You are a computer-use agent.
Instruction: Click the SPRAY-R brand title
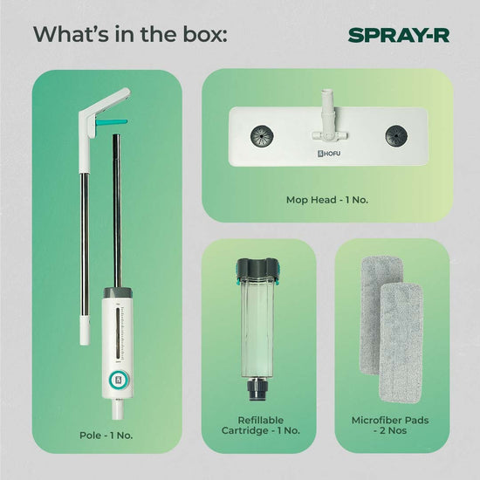[399, 35]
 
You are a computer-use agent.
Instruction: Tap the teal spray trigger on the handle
[111, 122]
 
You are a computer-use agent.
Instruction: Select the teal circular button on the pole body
[119, 381]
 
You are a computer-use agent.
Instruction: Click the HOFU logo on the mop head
[328, 154]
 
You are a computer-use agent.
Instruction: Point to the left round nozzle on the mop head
[262, 136]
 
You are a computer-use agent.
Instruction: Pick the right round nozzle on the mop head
[397, 135]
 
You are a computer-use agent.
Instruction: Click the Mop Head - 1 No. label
[327, 200]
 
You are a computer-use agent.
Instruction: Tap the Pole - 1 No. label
[106, 435]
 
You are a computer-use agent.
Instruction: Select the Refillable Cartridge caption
[261, 425]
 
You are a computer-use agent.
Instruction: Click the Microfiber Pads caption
[390, 425]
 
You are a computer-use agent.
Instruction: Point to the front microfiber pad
[401, 343]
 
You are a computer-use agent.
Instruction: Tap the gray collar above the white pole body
[118, 292]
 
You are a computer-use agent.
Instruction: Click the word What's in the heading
[71, 34]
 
